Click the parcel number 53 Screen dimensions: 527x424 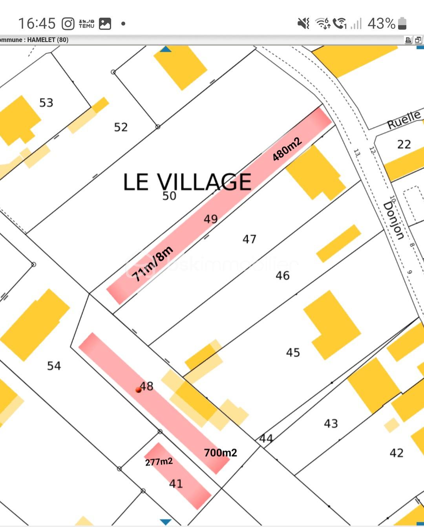(46, 103)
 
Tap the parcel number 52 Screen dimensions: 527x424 (121, 127)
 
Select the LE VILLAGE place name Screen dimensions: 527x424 (187, 182)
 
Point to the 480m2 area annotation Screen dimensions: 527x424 (287, 149)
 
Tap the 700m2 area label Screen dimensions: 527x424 (221, 453)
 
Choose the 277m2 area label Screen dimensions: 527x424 (159, 461)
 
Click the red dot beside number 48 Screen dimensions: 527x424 (138, 390)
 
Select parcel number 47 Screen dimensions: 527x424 (249, 239)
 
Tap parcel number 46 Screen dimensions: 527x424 (283, 276)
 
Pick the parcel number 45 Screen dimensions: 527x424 (293, 353)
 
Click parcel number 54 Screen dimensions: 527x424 (54, 366)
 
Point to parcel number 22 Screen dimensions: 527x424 (404, 145)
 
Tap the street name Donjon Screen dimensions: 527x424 (394, 220)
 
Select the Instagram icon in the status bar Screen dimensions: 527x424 (68, 24)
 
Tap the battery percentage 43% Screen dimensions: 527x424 (381, 24)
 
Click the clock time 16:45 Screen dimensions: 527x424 (37, 24)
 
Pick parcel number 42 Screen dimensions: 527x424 (397, 453)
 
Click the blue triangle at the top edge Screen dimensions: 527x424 (166, 49)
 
